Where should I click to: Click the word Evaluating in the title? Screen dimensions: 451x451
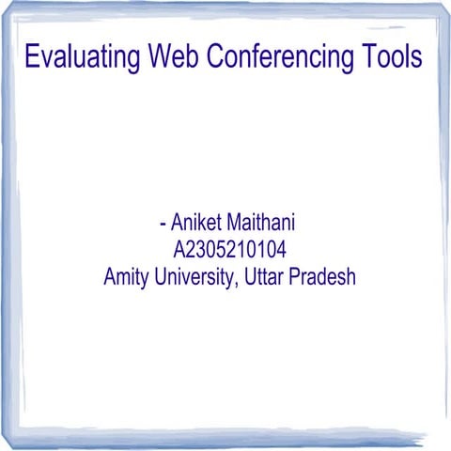82,58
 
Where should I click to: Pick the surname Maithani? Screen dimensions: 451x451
264,225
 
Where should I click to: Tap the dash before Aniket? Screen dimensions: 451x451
163,226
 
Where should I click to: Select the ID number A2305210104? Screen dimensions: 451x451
229,251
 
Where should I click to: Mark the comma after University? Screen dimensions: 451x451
237,285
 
